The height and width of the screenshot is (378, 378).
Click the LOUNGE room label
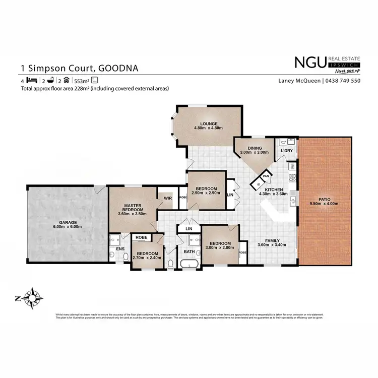[208, 123]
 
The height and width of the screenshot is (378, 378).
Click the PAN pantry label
[266, 176]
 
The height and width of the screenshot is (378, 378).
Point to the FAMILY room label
[272, 240]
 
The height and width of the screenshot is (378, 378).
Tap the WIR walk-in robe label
[167, 199]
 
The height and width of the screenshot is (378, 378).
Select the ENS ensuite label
[119, 248]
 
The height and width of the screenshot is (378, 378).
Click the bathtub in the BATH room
[190, 264]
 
